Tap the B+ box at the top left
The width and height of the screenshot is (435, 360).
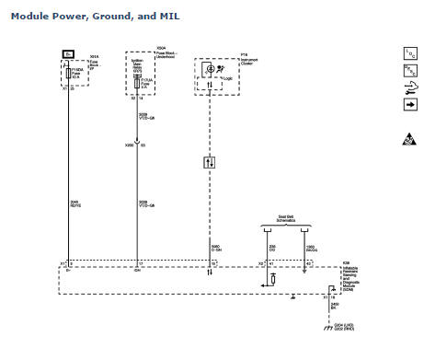coord(68,54)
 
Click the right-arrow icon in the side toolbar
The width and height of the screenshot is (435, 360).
coord(410,104)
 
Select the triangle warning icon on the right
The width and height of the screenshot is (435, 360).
coord(409,140)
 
